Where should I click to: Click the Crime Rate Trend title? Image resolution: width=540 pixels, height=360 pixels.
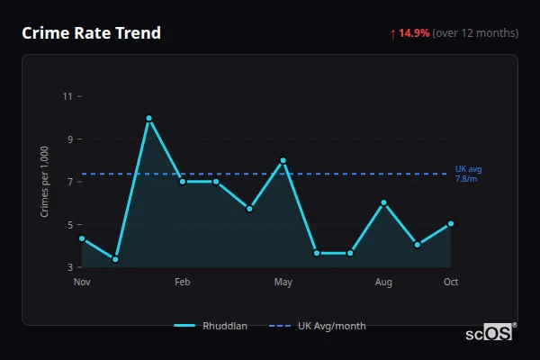point(92,33)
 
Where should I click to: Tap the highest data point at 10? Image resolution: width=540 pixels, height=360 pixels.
point(148,118)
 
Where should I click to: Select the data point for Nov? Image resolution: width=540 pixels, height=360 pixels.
point(82,238)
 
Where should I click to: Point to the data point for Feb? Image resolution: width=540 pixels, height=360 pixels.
point(183,181)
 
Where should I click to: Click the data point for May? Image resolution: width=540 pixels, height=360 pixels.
point(283,160)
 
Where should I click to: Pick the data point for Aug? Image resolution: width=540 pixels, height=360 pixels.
point(383,202)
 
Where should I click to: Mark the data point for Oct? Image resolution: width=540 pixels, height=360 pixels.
point(451,223)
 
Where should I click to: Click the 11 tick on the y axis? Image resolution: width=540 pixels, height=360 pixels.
point(68,96)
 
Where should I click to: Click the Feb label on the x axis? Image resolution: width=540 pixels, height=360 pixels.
point(183,283)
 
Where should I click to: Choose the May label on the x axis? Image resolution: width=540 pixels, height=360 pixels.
point(283,283)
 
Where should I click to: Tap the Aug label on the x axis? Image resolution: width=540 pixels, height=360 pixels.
point(383,283)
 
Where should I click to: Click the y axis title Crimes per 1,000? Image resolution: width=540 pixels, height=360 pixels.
point(45,182)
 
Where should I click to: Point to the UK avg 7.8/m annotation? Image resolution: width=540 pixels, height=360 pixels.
point(469,174)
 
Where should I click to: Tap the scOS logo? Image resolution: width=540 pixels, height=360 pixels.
point(490,333)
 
